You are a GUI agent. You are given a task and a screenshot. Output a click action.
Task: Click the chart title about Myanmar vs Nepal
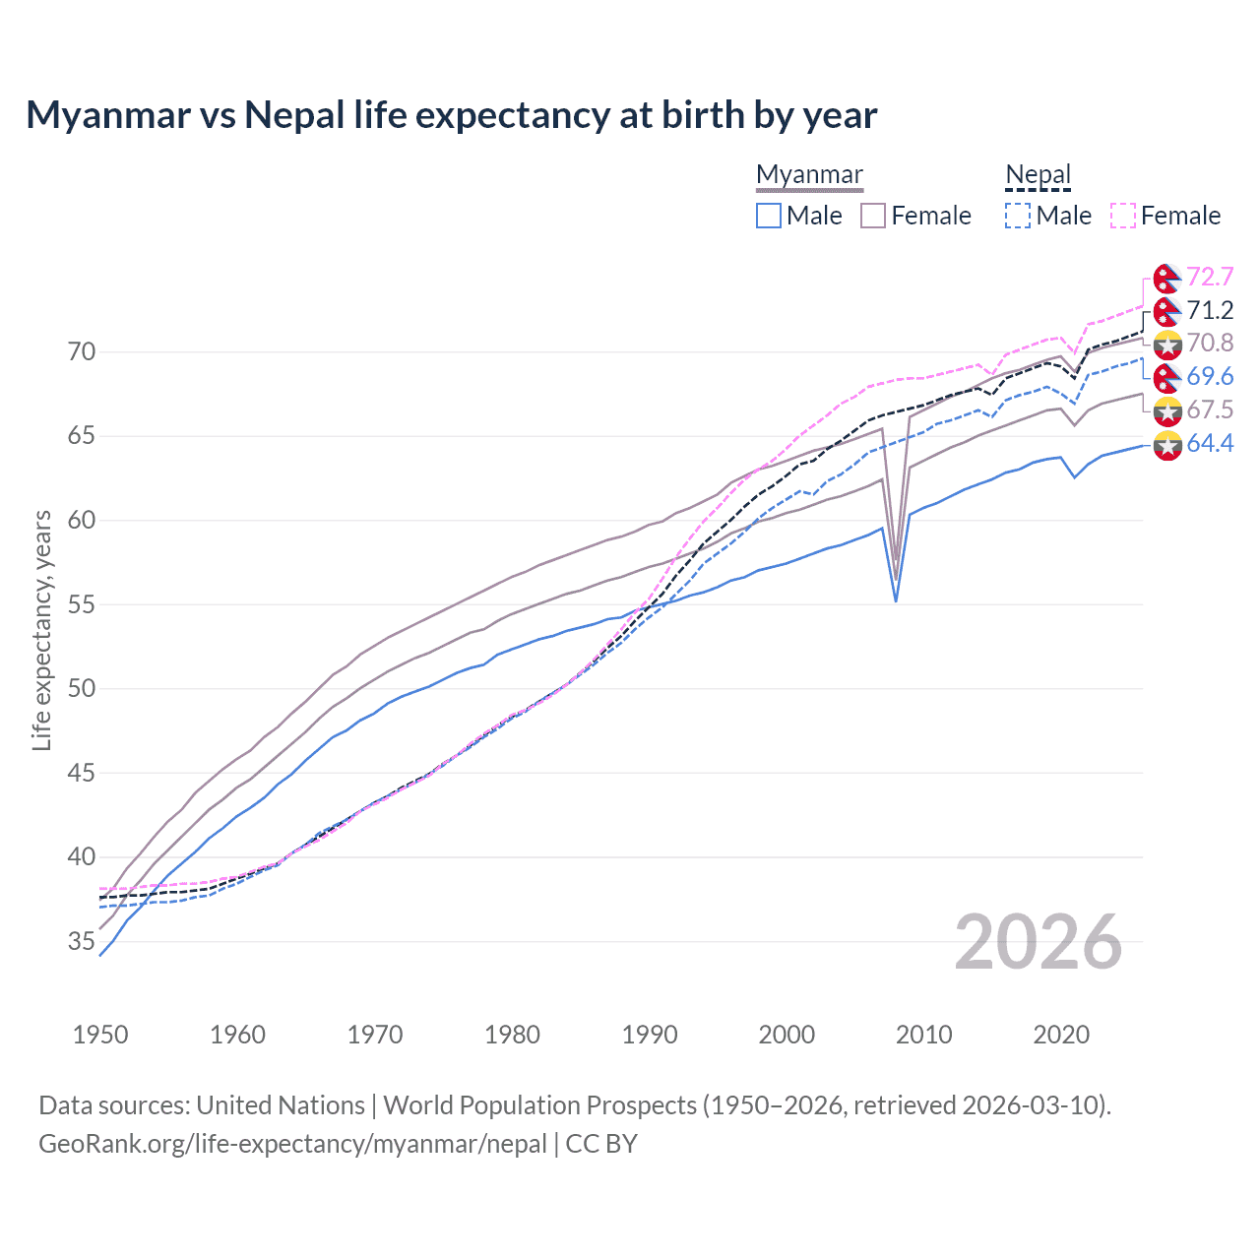click(x=451, y=115)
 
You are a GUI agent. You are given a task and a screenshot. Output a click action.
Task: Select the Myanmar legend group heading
click(x=809, y=174)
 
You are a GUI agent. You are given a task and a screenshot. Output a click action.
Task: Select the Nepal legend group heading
click(x=1038, y=174)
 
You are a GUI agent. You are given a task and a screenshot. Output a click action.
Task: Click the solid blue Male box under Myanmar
click(x=769, y=216)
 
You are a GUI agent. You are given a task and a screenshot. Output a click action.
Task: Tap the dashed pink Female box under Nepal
click(x=1123, y=216)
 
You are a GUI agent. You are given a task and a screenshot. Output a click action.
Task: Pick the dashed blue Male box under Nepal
click(x=1018, y=216)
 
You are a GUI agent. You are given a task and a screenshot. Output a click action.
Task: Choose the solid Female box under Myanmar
click(x=873, y=216)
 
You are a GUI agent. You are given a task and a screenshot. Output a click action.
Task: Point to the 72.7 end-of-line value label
click(x=1210, y=277)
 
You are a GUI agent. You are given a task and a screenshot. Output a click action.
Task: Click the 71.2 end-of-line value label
click(x=1210, y=310)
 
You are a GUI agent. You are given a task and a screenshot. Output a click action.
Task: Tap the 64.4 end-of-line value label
click(x=1210, y=444)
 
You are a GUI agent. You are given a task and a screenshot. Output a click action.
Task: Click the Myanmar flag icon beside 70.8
click(x=1167, y=344)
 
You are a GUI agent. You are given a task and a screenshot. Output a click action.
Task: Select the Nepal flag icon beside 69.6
click(x=1167, y=377)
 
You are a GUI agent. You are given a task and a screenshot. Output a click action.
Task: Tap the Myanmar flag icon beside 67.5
click(x=1167, y=410)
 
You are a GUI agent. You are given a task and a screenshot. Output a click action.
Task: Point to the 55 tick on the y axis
click(x=82, y=604)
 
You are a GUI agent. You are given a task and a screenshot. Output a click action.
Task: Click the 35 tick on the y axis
click(x=82, y=941)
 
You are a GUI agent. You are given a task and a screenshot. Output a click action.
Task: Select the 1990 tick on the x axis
click(x=650, y=1035)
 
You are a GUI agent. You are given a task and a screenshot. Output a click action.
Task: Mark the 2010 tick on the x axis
click(x=923, y=1035)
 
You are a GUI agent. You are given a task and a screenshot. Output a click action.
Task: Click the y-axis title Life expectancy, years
click(x=42, y=631)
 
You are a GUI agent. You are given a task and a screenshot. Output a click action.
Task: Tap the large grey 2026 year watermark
click(x=1039, y=942)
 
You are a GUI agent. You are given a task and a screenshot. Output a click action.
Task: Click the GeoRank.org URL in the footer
click(x=292, y=1144)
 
